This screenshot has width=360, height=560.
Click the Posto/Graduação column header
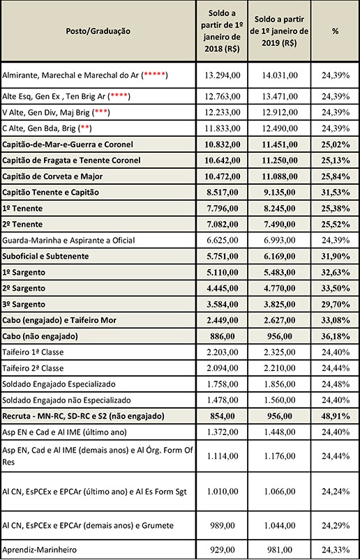[x=98, y=31]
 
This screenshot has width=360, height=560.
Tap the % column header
[x=335, y=31]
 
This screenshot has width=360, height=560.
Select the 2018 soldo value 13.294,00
[x=222, y=75]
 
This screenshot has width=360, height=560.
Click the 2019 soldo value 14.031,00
[x=279, y=75]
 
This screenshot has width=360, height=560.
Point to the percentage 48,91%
[x=335, y=416]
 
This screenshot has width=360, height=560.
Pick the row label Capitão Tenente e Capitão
[x=50, y=192]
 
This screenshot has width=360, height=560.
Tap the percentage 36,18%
[x=335, y=336]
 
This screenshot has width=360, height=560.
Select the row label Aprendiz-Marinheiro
[x=39, y=550]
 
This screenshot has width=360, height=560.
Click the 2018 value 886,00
[x=222, y=336]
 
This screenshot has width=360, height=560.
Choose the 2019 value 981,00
[x=279, y=550]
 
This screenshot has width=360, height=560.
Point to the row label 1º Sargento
[x=24, y=272]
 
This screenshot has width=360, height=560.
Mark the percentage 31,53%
[x=335, y=192]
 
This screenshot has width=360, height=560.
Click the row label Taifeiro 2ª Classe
[x=33, y=368]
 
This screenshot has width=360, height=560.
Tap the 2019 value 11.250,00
[x=279, y=160]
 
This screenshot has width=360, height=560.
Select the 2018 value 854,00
[x=222, y=416]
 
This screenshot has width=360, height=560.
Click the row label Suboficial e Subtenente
[x=45, y=256]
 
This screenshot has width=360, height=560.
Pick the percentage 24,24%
[x=335, y=492]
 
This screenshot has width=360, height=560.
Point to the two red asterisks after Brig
[x=85, y=128]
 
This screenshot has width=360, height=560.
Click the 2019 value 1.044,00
[x=279, y=525]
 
